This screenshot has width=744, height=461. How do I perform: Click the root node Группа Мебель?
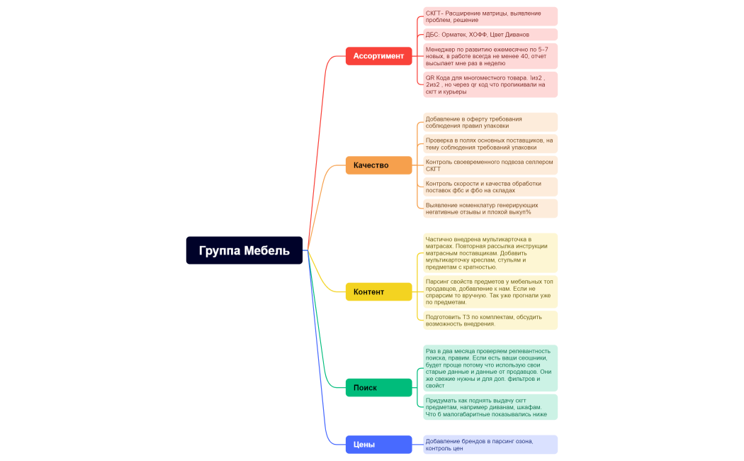[244, 250]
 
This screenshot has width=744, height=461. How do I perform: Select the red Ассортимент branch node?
[378, 56]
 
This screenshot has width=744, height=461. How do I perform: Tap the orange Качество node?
[378, 165]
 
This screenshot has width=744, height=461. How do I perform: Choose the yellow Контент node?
[378, 291]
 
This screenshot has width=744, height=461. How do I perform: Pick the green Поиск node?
[378, 387]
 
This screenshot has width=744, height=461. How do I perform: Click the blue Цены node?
[378, 445]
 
